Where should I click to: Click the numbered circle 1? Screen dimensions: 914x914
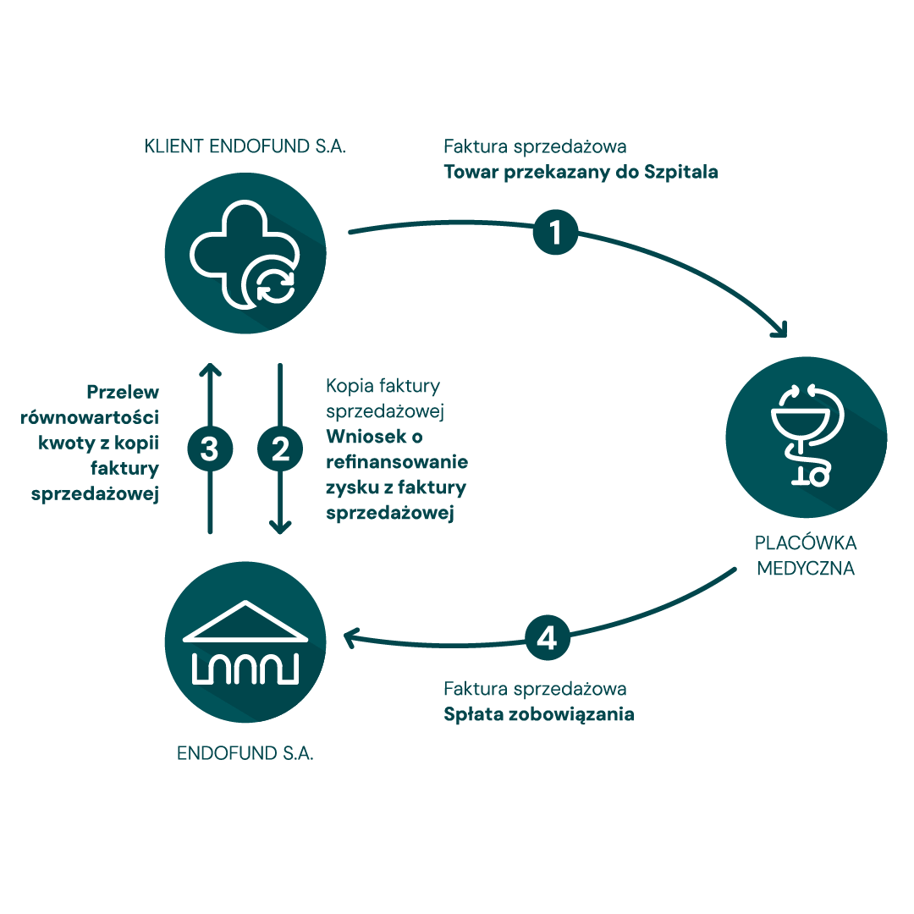click(x=555, y=232)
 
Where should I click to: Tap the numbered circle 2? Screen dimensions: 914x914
click(x=279, y=449)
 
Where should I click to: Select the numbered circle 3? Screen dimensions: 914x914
click(x=210, y=449)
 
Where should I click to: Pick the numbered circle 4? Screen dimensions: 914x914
click(x=548, y=638)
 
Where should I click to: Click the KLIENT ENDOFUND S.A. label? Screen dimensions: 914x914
click(x=245, y=146)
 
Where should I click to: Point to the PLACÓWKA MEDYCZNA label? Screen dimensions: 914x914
click(x=806, y=555)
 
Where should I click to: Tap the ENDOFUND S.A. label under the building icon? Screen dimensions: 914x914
click(x=245, y=753)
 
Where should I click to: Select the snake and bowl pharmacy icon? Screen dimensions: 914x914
click(x=806, y=435)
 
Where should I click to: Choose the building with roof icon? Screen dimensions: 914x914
click(x=245, y=643)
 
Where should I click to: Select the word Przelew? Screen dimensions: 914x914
click(x=124, y=393)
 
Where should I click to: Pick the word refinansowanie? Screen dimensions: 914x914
click(x=397, y=464)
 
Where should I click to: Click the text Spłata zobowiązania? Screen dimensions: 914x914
click(x=539, y=713)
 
